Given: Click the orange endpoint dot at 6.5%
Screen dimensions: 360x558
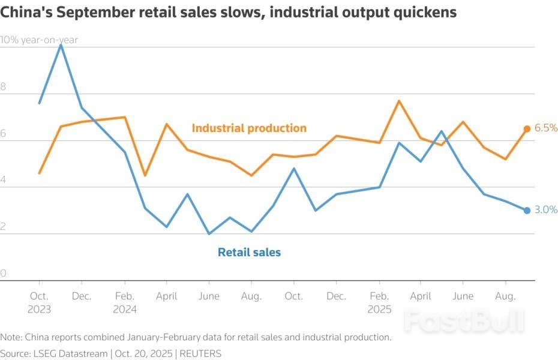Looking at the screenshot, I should pos(527,128).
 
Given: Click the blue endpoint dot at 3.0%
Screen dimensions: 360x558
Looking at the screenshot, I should pos(527,210).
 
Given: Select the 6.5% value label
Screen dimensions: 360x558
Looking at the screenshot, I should pos(546,128).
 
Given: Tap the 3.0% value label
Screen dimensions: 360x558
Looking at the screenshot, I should pos(546,210).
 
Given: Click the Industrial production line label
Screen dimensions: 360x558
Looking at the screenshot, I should pos(249,128).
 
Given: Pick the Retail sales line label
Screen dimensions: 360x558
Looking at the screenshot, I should pos(249,252).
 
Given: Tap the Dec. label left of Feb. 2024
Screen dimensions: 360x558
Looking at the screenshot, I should pos(82,296).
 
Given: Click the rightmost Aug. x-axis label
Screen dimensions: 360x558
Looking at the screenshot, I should pos(506,296).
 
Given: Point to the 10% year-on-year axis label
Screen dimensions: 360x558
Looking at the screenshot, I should pos(40,40).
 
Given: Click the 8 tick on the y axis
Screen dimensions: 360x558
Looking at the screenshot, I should pos(3,87).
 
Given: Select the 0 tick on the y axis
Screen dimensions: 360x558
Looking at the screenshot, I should pos(3,274).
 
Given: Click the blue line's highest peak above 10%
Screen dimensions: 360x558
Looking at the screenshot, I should pos(61,44).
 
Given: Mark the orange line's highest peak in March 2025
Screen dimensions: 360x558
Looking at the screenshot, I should pos(400,101).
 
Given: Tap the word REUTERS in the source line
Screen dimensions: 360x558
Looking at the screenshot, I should pos(200,353).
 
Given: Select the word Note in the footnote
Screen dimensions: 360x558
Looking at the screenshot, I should pos(11,337).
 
